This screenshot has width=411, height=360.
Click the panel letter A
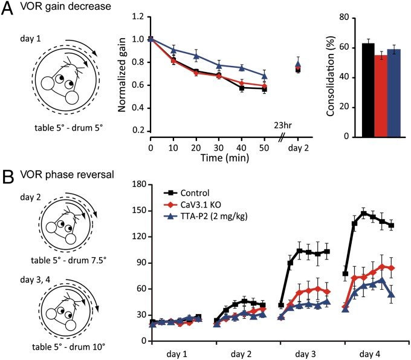click(x=7, y=8)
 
